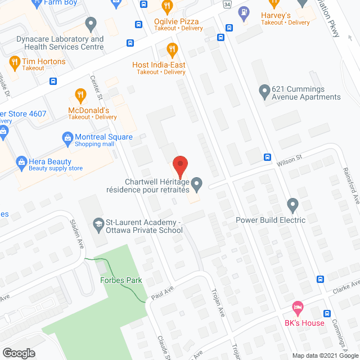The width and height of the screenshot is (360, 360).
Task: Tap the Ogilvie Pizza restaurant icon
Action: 166,7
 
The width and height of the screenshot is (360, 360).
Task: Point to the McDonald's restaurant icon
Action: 80,95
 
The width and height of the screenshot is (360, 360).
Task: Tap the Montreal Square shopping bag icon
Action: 67,137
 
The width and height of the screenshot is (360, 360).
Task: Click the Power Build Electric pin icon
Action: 292,204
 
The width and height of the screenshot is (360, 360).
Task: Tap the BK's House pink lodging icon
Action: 298,308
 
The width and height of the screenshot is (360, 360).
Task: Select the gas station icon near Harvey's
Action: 244,11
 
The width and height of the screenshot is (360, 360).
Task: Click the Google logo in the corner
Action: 18,353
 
